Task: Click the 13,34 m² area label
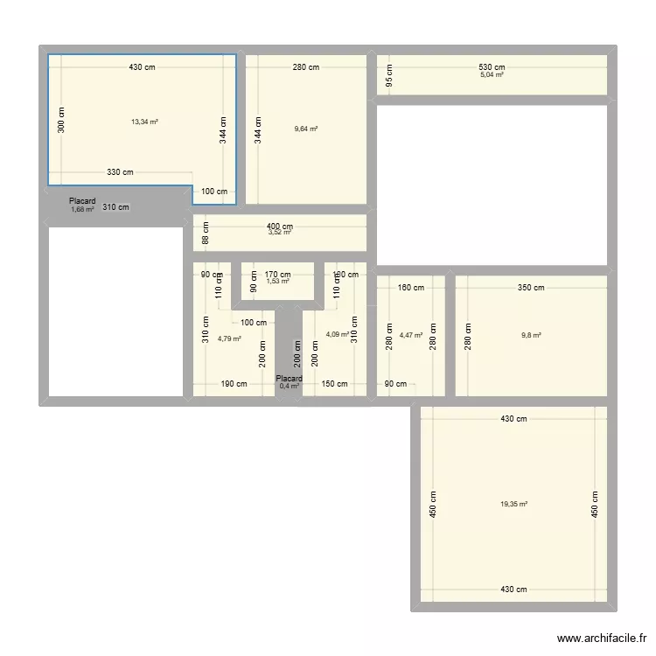pyautogui.click(x=144, y=122)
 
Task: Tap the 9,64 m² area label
pyautogui.click(x=306, y=129)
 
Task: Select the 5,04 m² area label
pyautogui.click(x=492, y=75)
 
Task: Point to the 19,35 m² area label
pyautogui.click(x=514, y=504)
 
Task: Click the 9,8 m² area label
pyautogui.click(x=531, y=335)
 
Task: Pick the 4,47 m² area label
pyautogui.click(x=411, y=335)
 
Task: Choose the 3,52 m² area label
pyautogui.click(x=280, y=234)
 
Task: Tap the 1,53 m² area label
pyautogui.click(x=278, y=281)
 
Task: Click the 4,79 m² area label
pyautogui.click(x=230, y=338)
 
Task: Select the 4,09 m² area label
pyautogui.click(x=338, y=334)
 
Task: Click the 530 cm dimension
pyautogui.click(x=492, y=67)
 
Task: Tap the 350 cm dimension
pyautogui.click(x=531, y=288)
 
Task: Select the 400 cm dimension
pyautogui.click(x=280, y=227)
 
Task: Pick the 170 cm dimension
pyautogui.click(x=278, y=275)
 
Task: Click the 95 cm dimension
pyautogui.click(x=390, y=76)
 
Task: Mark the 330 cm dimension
pyautogui.click(x=121, y=173)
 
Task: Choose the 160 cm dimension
pyautogui.click(x=411, y=288)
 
